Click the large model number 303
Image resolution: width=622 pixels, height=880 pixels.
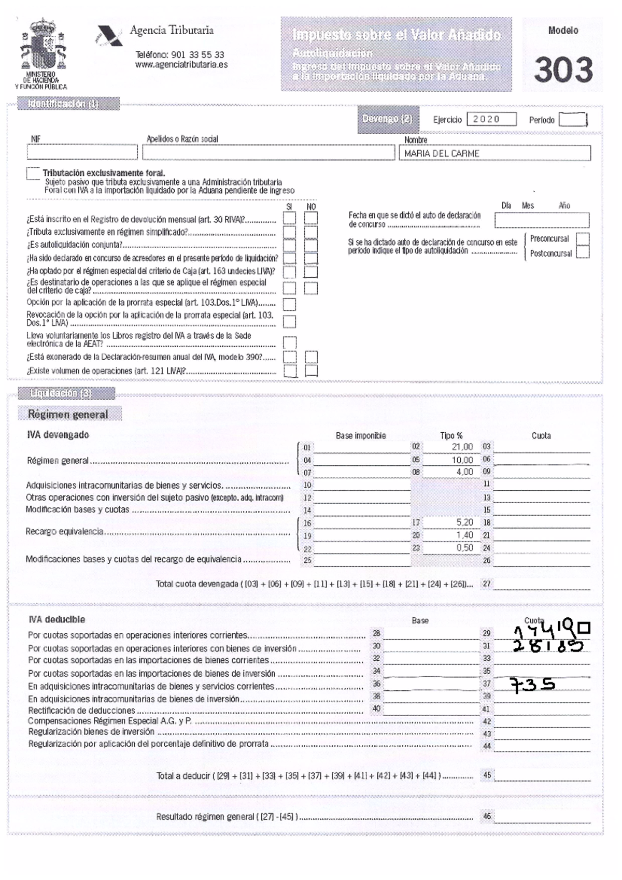click(563, 70)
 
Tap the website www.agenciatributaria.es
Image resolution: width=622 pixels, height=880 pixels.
click(181, 65)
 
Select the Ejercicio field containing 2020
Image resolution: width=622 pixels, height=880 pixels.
click(491, 119)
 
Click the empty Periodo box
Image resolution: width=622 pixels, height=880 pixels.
click(572, 120)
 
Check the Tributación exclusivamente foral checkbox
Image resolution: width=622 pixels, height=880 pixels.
click(33, 173)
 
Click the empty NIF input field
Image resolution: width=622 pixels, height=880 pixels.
click(82, 152)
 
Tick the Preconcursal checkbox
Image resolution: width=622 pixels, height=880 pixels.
click(583, 239)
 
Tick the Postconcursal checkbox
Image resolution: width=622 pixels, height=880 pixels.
click(583, 252)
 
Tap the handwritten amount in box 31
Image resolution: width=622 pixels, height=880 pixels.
click(547, 645)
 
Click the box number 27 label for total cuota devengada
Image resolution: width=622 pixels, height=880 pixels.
click(486, 584)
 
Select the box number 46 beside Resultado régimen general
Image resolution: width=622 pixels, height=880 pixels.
click(487, 816)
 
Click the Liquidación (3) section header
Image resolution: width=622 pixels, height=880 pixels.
click(61, 393)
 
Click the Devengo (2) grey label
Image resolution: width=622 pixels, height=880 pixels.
click(387, 119)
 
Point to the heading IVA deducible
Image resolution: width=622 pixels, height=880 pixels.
click(56, 619)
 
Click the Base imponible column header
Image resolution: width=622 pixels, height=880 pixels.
click(361, 436)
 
